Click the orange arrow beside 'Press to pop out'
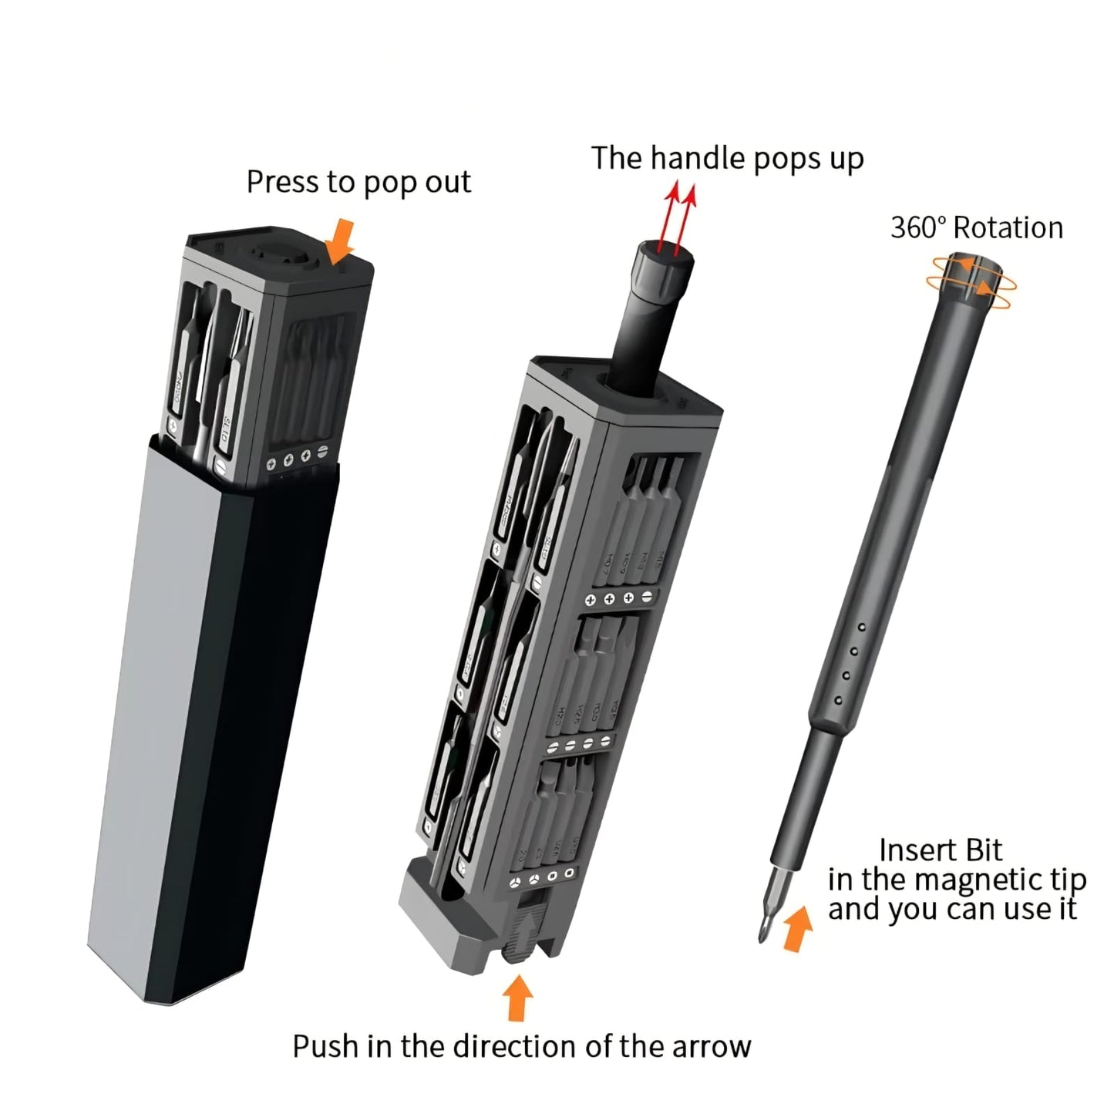coord(341,241)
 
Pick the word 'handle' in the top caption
coord(698,158)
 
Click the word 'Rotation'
coord(1008,228)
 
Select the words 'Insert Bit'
coord(941,850)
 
